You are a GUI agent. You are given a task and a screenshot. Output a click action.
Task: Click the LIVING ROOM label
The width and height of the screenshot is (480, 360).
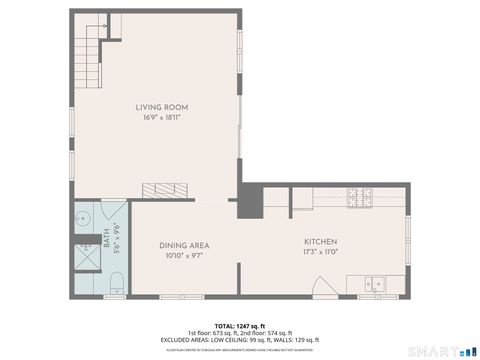(162, 107)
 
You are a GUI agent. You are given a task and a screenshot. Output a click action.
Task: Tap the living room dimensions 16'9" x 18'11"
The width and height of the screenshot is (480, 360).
(162, 117)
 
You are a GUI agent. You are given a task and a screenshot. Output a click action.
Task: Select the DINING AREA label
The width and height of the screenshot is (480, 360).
(184, 245)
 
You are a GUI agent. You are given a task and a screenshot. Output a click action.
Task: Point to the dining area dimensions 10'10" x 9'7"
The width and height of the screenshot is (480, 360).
(184, 255)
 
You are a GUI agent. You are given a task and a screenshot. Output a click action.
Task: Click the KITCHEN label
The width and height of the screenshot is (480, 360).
(320, 242)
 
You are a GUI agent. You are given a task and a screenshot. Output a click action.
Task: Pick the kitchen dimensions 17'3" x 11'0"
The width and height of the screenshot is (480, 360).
(320, 252)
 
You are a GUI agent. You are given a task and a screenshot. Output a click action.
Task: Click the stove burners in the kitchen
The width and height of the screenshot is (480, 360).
(357, 199)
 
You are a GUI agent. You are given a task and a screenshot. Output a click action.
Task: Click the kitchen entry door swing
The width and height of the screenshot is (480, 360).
(321, 287)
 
